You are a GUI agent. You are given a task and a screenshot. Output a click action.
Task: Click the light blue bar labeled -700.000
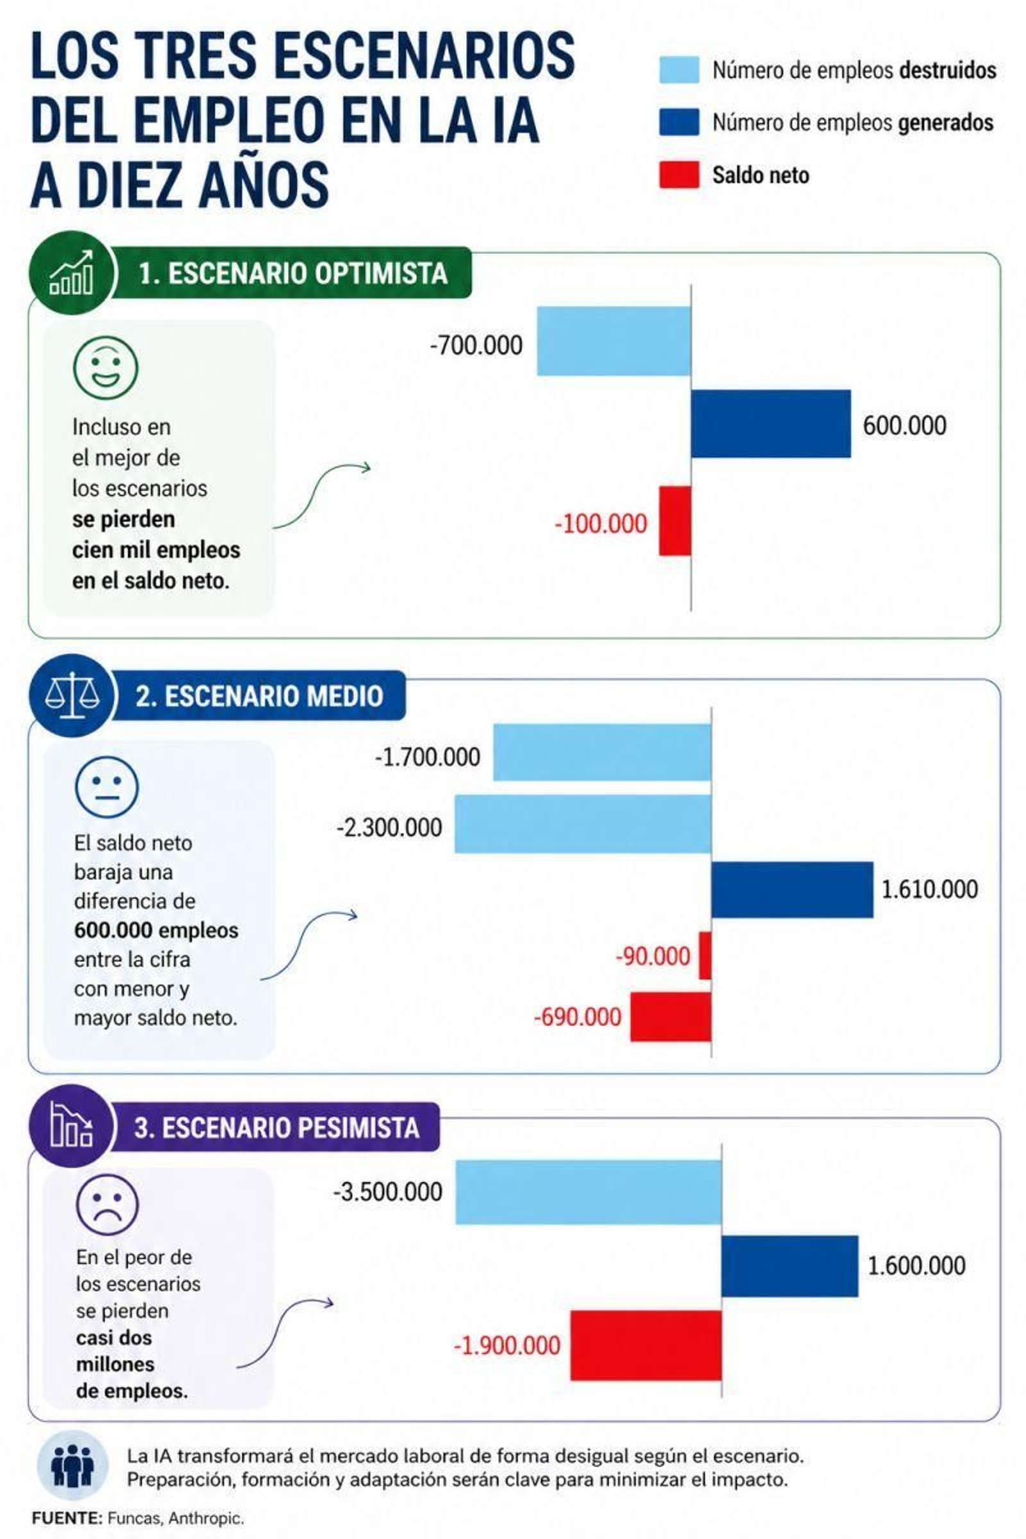(614, 341)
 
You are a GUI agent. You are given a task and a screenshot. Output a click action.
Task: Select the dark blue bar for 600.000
(771, 423)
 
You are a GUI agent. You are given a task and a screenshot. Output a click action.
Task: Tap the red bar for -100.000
(675, 521)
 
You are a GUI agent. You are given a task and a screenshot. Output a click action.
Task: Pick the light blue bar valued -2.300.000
(582, 824)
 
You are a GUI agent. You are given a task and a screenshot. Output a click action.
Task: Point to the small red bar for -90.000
(705, 955)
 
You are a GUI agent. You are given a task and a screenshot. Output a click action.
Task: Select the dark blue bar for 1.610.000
(792, 890)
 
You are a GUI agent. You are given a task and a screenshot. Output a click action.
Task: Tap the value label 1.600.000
(916, 1266)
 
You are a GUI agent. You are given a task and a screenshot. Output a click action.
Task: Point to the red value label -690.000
(577, 1017)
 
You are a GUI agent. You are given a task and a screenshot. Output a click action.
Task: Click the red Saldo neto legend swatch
(678, 174)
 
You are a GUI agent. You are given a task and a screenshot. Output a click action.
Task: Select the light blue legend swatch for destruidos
(678, 70)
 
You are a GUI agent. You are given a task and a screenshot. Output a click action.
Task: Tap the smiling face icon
(105, 367)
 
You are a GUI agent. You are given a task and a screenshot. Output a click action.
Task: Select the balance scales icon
(72, 696)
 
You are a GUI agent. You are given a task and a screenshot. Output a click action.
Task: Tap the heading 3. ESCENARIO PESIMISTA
(276, 1127)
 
